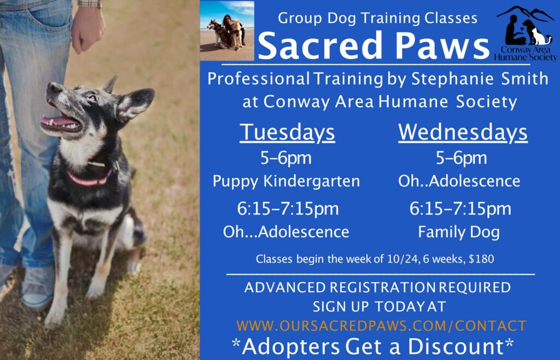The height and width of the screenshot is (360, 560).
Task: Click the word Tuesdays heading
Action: coord(287,132)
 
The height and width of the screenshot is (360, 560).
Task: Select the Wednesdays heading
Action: coord(463,132)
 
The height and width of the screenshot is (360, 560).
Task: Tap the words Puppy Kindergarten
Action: coord(286,181)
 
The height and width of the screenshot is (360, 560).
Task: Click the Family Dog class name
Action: coord(459,232)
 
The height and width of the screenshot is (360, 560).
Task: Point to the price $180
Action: coord(482,259)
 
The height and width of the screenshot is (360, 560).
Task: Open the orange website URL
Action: coord(381,326)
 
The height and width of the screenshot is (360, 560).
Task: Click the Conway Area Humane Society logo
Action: coord(526,33)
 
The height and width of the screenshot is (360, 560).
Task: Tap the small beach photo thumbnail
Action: coord(227,31)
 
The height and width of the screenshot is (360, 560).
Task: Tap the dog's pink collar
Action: coord(89,178)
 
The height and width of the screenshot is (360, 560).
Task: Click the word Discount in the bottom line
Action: coord(456,346)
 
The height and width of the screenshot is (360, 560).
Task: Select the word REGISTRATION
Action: coord(382,287)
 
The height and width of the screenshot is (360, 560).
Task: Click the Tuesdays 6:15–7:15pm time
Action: coord(288,208)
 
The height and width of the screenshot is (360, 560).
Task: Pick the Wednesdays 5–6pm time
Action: coord(461,158)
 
